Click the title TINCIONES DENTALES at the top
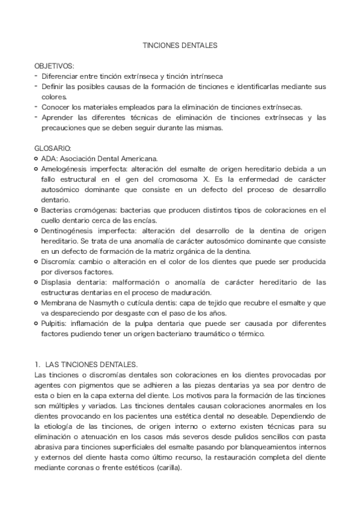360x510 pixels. pyautogui.click(x=179, y=45)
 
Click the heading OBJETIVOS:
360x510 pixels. pyautogui.click(x=54, y=66)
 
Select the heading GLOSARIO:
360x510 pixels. pyautogui.click(x=53, y=148)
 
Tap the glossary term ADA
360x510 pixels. pyautogui.click(x=49, y=159)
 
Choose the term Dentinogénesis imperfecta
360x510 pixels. pyautogui.click(x=87, y=231)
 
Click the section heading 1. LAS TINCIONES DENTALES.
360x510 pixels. pyautogui.click(x=87, y=364)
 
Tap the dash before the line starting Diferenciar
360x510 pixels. pyautogui.click(x=36, y=76)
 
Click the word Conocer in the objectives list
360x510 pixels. pyautogui.click(x=57, y=107)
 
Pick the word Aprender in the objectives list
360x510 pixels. pyautogui.click(x=58, y=117)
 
